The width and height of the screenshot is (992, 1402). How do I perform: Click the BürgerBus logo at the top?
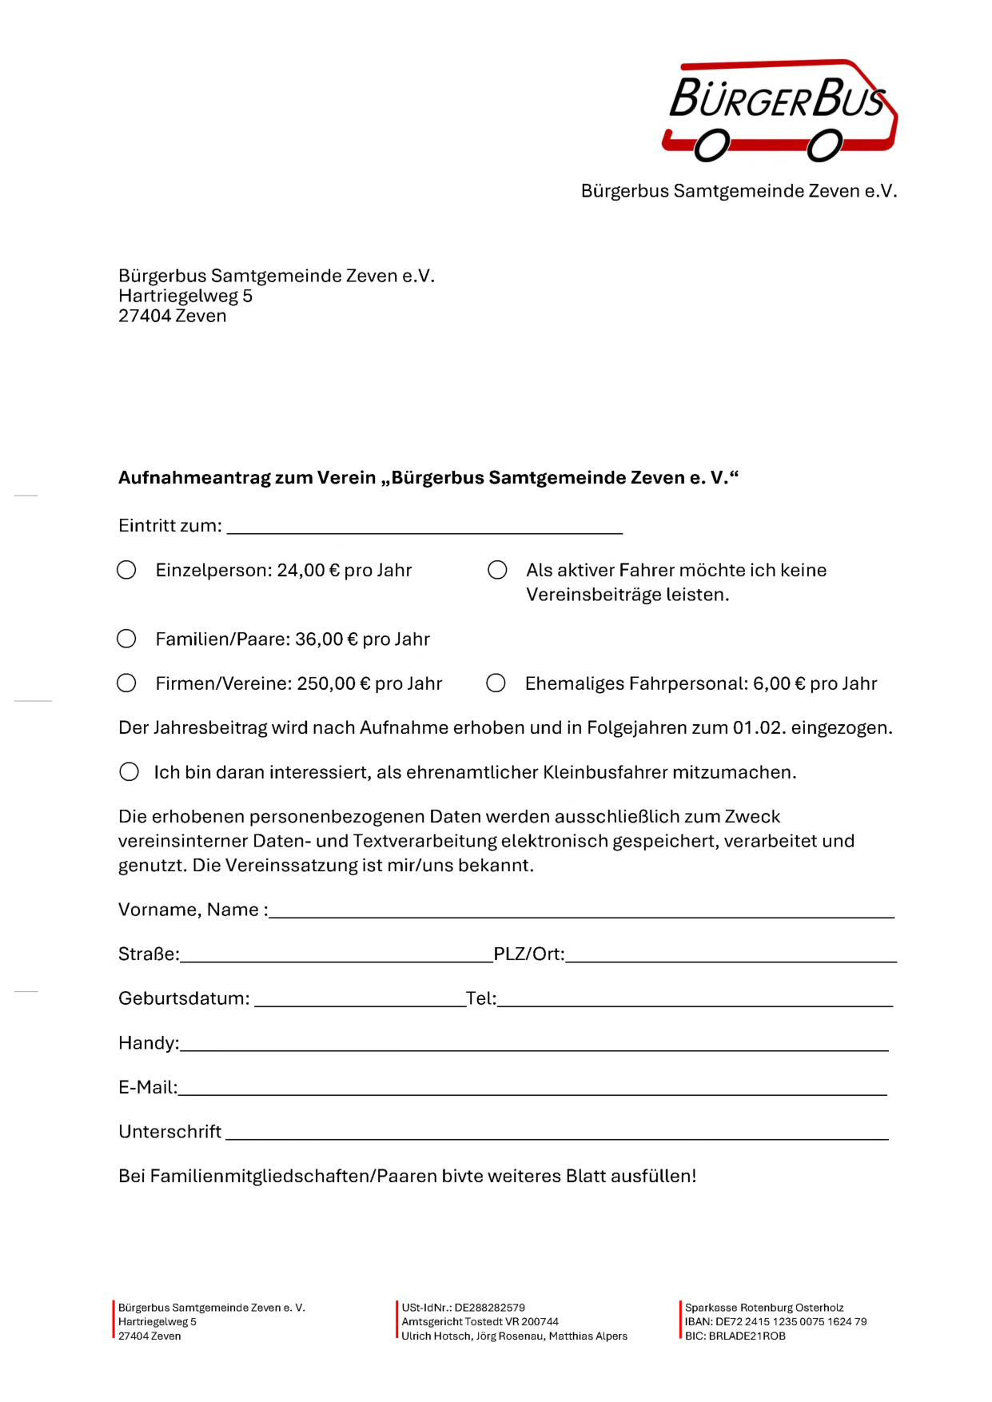(x=779, y=110)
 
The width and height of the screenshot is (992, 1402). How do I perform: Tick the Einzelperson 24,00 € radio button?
(x=126, y=570)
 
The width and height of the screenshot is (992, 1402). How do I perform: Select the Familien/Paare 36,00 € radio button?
(x=126, y=639)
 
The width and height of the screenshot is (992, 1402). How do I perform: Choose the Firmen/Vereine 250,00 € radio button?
(x=126, y=683)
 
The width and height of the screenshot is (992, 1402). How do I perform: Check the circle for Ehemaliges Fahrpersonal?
(x=496, y=683)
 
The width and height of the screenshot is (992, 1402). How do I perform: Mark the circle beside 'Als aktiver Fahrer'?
(x=497, y=570)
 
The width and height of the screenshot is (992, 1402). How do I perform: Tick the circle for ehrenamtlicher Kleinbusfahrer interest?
(x=129, y=771)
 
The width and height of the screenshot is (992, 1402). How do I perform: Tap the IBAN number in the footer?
(x=791, y=1321)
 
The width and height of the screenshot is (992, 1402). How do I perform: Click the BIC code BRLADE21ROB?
(x=747, y=1336)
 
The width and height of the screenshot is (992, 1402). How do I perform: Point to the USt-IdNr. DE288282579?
(x=489, y=1308)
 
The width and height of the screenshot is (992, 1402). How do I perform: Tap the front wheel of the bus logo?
(x=824, y=146)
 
